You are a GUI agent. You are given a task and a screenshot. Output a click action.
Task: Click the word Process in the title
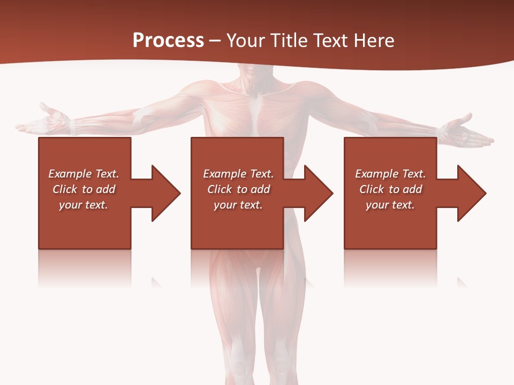pos(168,41)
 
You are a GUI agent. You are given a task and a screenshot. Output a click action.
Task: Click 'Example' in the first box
pos(70,174)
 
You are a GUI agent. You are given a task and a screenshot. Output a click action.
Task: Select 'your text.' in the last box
pos(390,205)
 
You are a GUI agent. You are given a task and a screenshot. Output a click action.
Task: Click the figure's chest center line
pos(256,112)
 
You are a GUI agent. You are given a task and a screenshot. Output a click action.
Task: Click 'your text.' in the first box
pos(84,205)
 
